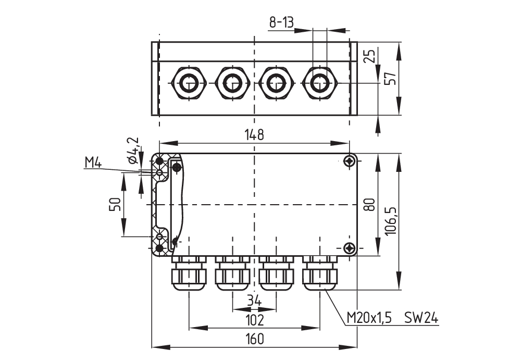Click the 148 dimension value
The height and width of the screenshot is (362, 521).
click(254, 135)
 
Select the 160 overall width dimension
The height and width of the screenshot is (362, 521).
click(254, 339)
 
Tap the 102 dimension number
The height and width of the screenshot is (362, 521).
click(254, 319)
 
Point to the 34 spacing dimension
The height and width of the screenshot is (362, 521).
click(254, 301)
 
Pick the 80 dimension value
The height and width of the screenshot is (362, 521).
click(370, 204)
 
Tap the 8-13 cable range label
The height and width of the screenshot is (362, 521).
click(281, 22)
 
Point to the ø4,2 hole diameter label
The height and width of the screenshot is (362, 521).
click(132, 151)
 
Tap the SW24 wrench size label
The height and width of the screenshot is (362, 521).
click(421, 318)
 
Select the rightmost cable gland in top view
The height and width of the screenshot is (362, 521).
click(319, 83)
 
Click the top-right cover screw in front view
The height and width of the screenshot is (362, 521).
click(350, 161)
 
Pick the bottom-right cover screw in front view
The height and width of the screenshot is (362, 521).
click(350, 248)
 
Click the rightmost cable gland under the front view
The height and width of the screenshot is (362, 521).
click(319, 273)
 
